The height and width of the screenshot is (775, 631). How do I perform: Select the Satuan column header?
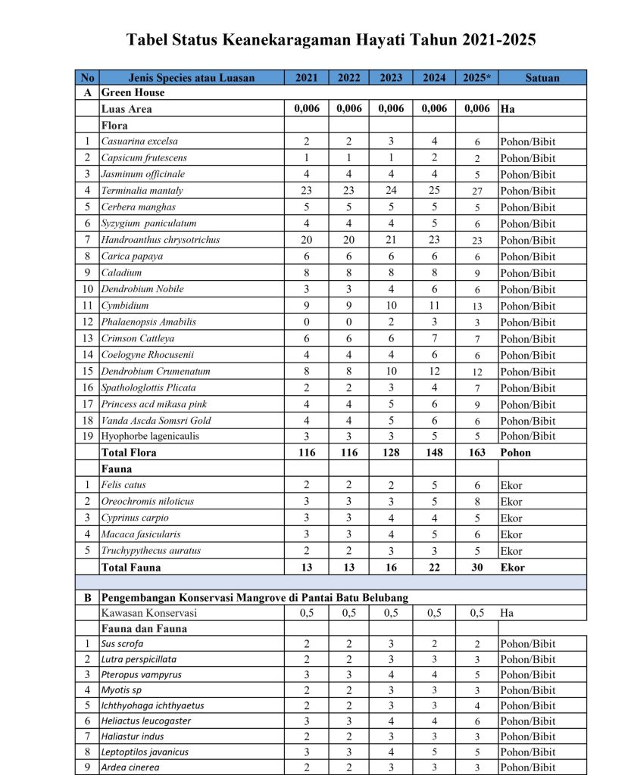(x=542, y=77)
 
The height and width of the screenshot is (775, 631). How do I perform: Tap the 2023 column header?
(x=391, y=77)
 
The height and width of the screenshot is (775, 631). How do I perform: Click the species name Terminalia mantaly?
(x=142, y=191)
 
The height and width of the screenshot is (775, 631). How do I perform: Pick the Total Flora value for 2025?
(x=477, y=453)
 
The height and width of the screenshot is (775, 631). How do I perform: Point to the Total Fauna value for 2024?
(x=434, y=567)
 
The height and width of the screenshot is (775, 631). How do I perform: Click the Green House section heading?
(x=133, y=92)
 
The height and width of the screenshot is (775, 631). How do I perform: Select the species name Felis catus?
(x=124, y=485)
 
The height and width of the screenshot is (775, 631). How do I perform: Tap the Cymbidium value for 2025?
(x=477, y=306)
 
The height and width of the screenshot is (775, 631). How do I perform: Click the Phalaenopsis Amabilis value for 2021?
(x=306, y=322)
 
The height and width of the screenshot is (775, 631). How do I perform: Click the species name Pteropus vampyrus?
(x=141, y=674)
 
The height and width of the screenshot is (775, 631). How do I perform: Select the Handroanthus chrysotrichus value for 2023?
(x=391, y=240)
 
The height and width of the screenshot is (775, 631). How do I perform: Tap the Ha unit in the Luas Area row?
(x=507, y=109)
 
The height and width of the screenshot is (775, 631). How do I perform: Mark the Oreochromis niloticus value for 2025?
(x=477, y=502)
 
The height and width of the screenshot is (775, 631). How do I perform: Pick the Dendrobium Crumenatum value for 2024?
(x=434, y=372)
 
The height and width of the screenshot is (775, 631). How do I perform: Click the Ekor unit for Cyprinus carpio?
(x=511, y=518)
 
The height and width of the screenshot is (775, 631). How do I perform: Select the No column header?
(x=87, y=77)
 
